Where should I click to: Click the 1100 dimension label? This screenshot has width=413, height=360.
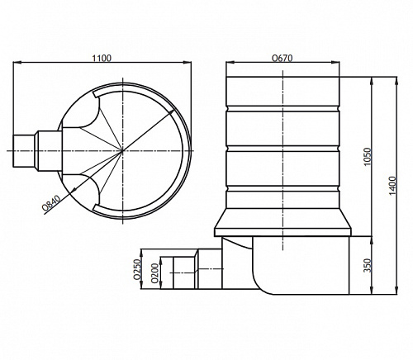click(x=102, y=59)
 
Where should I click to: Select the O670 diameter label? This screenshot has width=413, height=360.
click(x=282, y=59)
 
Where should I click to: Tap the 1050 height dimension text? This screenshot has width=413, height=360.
click(x=368, y=157)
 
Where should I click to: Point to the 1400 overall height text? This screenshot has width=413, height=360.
click(x=393, y=186)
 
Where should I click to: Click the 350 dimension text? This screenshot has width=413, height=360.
click(x=368, y=265)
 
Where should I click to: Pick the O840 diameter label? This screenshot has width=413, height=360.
click(x=51, y=203)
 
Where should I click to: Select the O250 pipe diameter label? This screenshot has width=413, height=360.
click(x=137, y=269)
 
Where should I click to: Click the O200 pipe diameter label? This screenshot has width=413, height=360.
click(x=154, y=273)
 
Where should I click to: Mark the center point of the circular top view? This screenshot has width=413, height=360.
click(x=122, y=150)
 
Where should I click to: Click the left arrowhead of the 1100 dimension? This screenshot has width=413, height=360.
click(x=17, y=63)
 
